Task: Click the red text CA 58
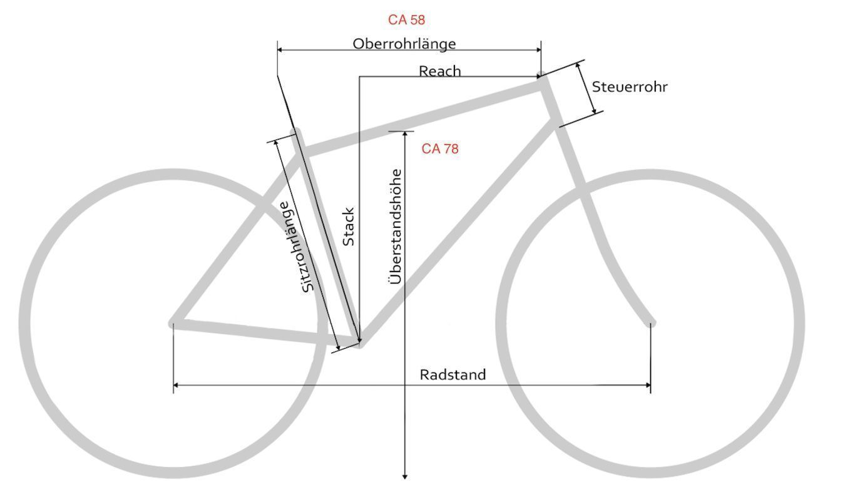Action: click(x=406, y=20)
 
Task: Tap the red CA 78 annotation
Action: click(x=440, y=149)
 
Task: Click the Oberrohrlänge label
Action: click(x=404, y=44)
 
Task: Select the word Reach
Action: click(x=440, y=71)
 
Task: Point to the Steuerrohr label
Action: click(x=630, y=87)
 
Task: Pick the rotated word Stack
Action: click(x=349, y=227)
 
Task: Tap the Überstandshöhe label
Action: click(x=395, y=227)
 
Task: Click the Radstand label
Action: click(x=453, y=375)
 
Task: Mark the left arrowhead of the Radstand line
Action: click(x=176, y=386)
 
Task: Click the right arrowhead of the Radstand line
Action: click(x=648, y=386)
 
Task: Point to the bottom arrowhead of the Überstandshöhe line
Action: click(x=405, y=477)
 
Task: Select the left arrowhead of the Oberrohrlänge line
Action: click(x=280, y=49)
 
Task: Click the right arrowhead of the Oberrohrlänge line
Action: click(x=538, y=49)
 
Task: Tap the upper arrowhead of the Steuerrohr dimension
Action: click(x=578, y=65)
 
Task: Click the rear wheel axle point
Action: click(x=173, y=324)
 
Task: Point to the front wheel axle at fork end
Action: click(x=651, y=324)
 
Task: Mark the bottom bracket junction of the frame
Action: click(x=359, y=344)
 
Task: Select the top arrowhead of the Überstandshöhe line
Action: click(x=405, y=134)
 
